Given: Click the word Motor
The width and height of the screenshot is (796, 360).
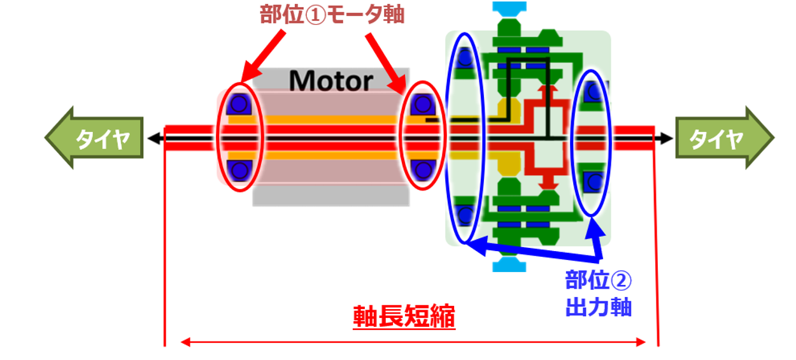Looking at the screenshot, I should tap(330, 81).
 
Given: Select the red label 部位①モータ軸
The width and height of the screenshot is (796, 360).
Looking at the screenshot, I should tap(332, 15).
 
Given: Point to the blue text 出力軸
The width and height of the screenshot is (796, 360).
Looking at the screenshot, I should tap(598, 307).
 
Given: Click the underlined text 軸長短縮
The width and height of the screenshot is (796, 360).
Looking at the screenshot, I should tap(404, 317).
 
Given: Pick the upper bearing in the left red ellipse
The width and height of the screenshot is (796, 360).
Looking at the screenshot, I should tap(240, 103).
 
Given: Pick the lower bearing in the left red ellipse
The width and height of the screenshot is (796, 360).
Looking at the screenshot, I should tap(240, 170).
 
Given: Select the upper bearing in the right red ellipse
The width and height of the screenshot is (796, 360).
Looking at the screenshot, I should tap(421, 103).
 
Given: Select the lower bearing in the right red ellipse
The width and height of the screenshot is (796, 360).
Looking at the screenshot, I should tap(421, 170).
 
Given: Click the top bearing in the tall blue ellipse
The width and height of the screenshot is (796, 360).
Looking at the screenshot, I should tap(466, 59).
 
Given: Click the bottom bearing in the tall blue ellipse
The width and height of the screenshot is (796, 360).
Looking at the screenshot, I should tap(466, 215).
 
